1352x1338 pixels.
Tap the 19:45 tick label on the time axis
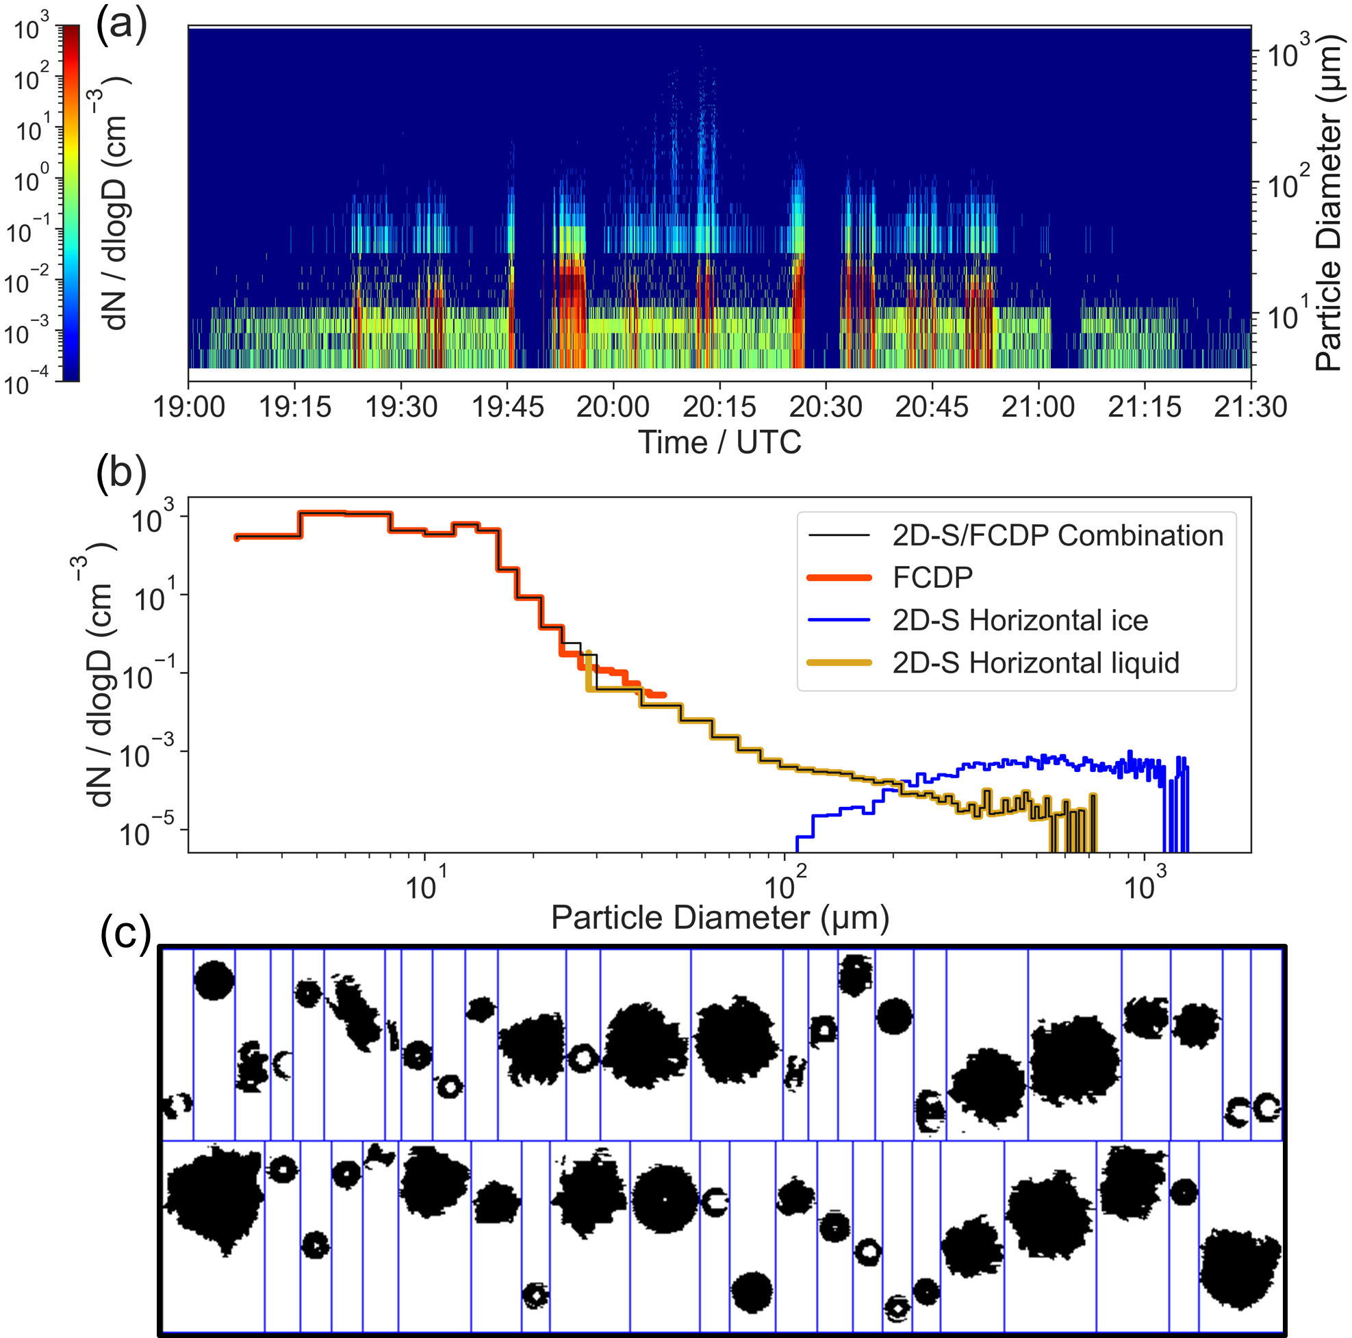(507, 407)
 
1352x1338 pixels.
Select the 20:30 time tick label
(826, 407)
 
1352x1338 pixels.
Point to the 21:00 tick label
(1038, 407)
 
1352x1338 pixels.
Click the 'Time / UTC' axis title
(719, 443)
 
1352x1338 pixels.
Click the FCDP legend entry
(932, 578)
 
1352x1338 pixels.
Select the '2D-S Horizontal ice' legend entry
(1019, 620)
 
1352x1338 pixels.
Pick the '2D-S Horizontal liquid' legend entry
(1035, 662)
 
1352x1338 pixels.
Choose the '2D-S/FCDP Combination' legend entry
(1057, 535)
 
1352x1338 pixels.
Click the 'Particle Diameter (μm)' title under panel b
(719, 917)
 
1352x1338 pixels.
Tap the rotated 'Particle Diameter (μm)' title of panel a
(1328, 203)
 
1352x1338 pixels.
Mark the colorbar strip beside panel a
(71, 203)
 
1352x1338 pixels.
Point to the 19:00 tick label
(189, 407)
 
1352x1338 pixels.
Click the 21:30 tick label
(1250, 407)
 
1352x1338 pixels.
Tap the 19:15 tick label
(294, 407)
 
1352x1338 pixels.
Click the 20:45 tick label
(932, 407)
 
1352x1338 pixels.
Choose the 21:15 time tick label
(1144, 407)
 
